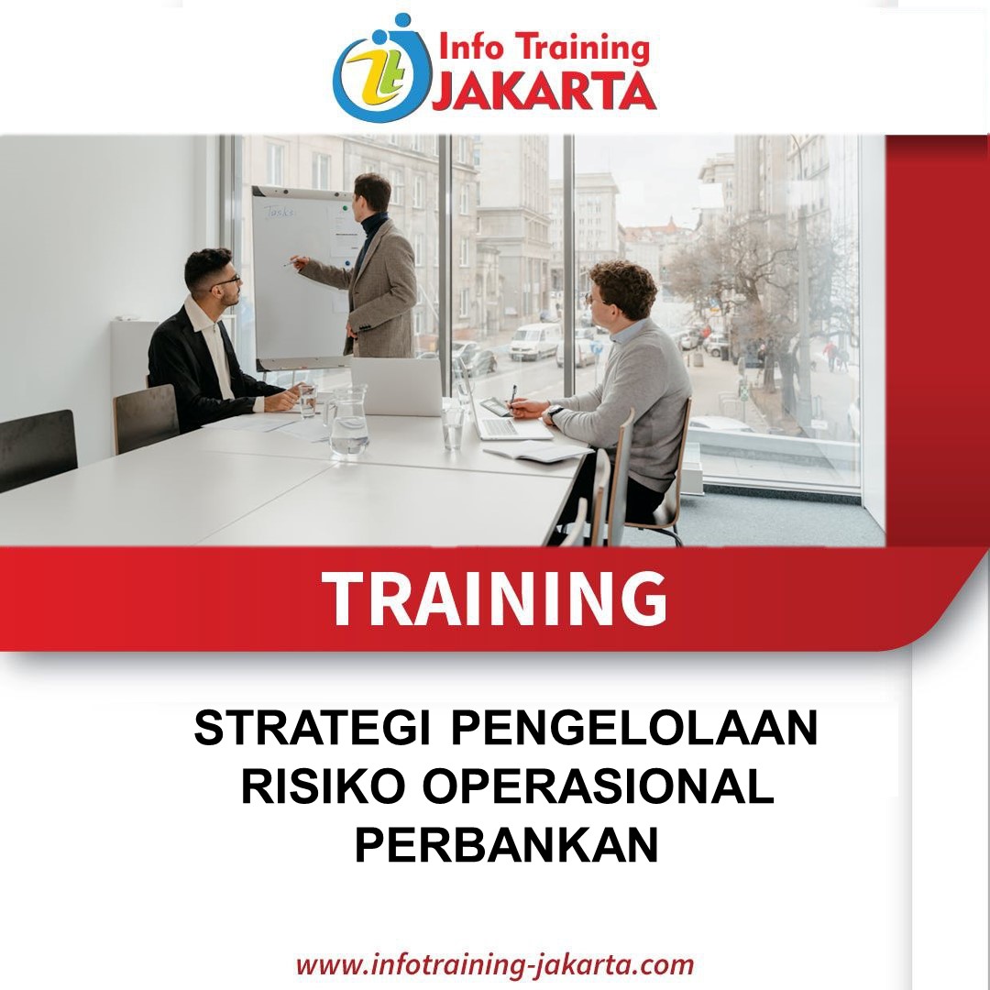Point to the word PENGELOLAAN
[x=634, y=728]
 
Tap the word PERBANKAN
[x=506, y=844]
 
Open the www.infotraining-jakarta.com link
[x=495, y=965]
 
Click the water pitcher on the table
[x=348, y=421]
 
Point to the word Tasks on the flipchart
[x=279, y=212]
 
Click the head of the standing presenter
[x=372, y=193]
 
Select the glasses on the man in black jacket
[x=226, y=281]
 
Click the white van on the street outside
[x=534, y=341]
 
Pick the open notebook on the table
[x=538, y=451]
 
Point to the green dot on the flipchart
[x=345, y=207]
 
